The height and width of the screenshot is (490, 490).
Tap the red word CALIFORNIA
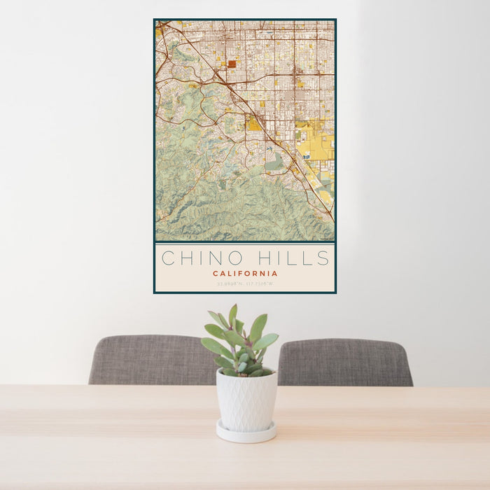click(x=245, y=274)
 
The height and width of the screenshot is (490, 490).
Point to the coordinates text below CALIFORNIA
click(x=245, y=283)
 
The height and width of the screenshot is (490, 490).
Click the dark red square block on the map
click(x=232, y=64)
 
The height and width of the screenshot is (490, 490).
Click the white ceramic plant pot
click(x=246, y=401)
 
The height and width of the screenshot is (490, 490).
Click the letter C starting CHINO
click(x=169, y=258)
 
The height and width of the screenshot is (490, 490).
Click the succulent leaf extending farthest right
click(x=267, y=341)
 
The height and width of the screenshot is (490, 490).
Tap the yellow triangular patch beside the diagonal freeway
click(x=253, y=125)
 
